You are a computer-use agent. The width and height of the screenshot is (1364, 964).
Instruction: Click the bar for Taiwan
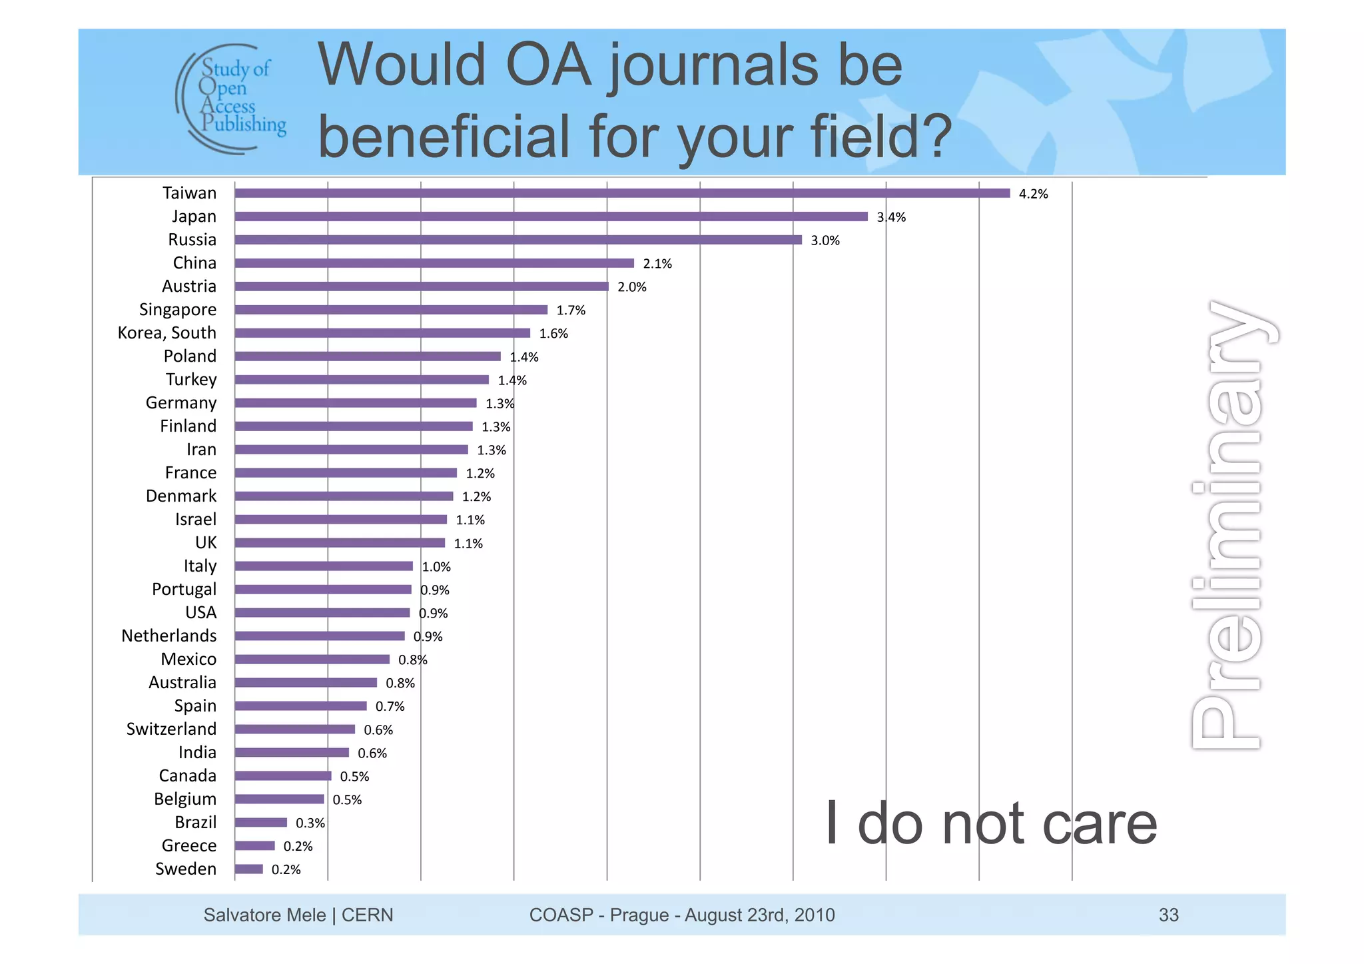pos(622,193)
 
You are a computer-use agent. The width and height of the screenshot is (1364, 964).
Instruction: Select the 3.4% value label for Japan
pos(891,217)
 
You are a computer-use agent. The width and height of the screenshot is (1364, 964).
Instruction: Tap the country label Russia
pos(192,240)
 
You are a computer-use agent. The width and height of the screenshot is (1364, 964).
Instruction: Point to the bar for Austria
pos(422,286)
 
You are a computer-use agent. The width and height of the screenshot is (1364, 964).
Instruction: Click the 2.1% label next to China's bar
pos(657,264)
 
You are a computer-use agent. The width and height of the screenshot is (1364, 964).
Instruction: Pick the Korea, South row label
pos(167,333)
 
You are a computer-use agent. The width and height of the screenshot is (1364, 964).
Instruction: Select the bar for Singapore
pos(391,310)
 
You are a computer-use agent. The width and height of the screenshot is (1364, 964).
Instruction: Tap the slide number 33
pos(1168,915)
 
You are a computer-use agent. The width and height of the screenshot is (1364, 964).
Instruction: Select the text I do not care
pos(991,824)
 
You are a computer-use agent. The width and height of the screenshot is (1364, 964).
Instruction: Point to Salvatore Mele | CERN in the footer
pos(298,915)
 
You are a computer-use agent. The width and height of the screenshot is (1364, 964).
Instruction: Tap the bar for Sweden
pos(249,869)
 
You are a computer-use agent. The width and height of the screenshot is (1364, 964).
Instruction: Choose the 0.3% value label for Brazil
pos(310,823)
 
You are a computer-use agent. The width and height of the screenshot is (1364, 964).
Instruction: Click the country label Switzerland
pos(171,729)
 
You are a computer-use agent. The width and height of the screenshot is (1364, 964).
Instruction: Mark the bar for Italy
pos(324,566)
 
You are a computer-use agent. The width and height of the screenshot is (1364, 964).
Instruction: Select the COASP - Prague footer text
pos(681,915)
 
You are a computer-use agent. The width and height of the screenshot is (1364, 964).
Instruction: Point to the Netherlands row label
pos(169,636)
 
